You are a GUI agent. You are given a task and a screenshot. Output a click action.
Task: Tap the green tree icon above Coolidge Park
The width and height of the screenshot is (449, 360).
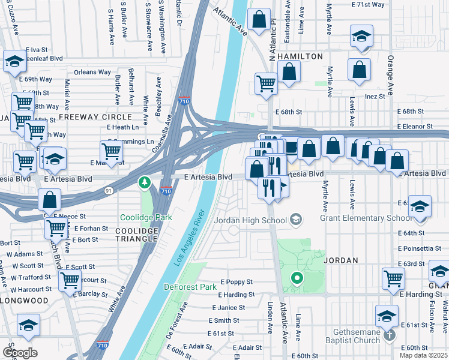(144, 182)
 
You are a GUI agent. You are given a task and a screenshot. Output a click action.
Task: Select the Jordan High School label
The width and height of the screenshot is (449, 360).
(258, 220)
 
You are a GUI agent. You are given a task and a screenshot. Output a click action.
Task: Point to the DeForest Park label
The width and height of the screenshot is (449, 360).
(190, 287)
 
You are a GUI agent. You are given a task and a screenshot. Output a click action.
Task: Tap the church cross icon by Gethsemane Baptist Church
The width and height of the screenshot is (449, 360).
(390, 334)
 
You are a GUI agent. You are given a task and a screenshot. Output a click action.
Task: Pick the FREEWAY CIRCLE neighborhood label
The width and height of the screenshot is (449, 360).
(94, 116)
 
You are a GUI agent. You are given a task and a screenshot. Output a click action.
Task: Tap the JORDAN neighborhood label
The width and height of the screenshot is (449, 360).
(341, 261)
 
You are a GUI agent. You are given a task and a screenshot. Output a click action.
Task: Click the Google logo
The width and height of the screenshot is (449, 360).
(19, 352)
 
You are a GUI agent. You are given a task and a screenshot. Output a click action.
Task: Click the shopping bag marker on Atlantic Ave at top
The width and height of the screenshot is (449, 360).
(259, 20)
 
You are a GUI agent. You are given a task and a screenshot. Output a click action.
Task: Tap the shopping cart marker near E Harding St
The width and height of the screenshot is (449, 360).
(393, 278)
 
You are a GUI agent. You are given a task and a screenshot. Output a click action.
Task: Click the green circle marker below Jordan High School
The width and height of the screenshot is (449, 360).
(295, 278)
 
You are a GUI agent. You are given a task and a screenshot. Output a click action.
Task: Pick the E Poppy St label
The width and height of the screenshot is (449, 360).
(237, 282)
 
